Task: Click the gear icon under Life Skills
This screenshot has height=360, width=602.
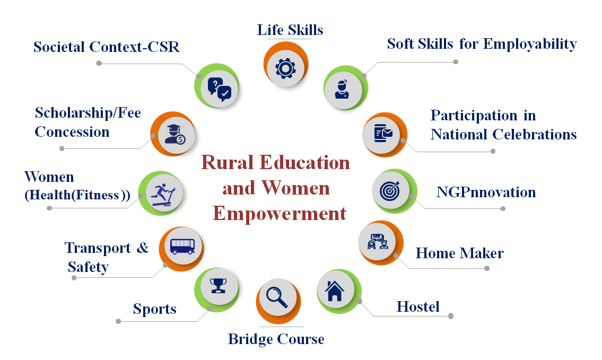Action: click(285, 68)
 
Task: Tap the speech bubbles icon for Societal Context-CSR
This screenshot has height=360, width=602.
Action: click(219, 90)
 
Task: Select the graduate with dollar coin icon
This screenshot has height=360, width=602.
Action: click(175, 134)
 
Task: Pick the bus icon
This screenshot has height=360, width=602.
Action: click(182, 246)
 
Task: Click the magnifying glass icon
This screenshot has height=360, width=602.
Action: click(277, 297)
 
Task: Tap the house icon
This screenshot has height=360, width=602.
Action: click(334, 291)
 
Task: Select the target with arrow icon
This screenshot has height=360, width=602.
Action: click(390, 190)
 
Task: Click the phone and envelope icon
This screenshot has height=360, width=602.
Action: click(383, 133)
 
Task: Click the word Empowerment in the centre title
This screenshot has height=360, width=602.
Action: click(280, 213)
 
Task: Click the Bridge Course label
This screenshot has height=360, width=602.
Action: click(276, 339)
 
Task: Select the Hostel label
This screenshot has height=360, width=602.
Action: click(418, 307)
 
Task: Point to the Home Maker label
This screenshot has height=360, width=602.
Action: click(459, 253)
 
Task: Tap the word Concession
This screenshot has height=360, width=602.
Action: click(72, 132)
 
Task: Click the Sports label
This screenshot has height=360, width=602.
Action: click(155, 309)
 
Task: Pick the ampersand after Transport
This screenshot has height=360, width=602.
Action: click(143, 248)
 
